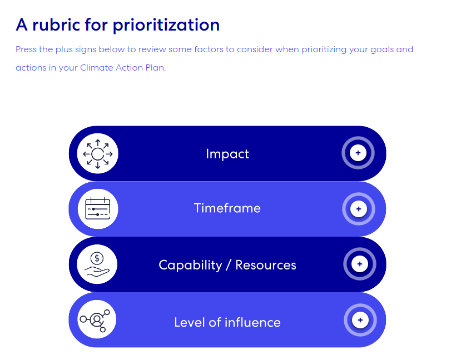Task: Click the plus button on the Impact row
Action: [x=358, y=153]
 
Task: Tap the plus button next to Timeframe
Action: [x=359, y=209]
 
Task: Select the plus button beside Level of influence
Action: [x=360, y=320]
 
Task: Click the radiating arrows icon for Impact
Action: [x=98, y=154]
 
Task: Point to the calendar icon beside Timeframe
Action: [x=98, y=208]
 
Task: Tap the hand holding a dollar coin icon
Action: [x=97, y=264]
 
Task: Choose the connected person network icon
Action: [x=95, y=321]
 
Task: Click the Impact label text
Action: [x=227, y=154]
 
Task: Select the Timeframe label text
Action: [x=227, y=208]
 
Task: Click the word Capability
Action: [x=190, y=265]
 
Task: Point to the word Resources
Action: [x=266, y=265]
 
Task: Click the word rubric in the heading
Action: [x=56, y=24]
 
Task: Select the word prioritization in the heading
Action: [x=166, y=26]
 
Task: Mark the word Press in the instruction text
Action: [x=26, y=49]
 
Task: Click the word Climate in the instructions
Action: [x=97, y=68]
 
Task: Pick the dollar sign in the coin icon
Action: [x=97, y=258]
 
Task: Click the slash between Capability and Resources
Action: [x=229, y=265]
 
